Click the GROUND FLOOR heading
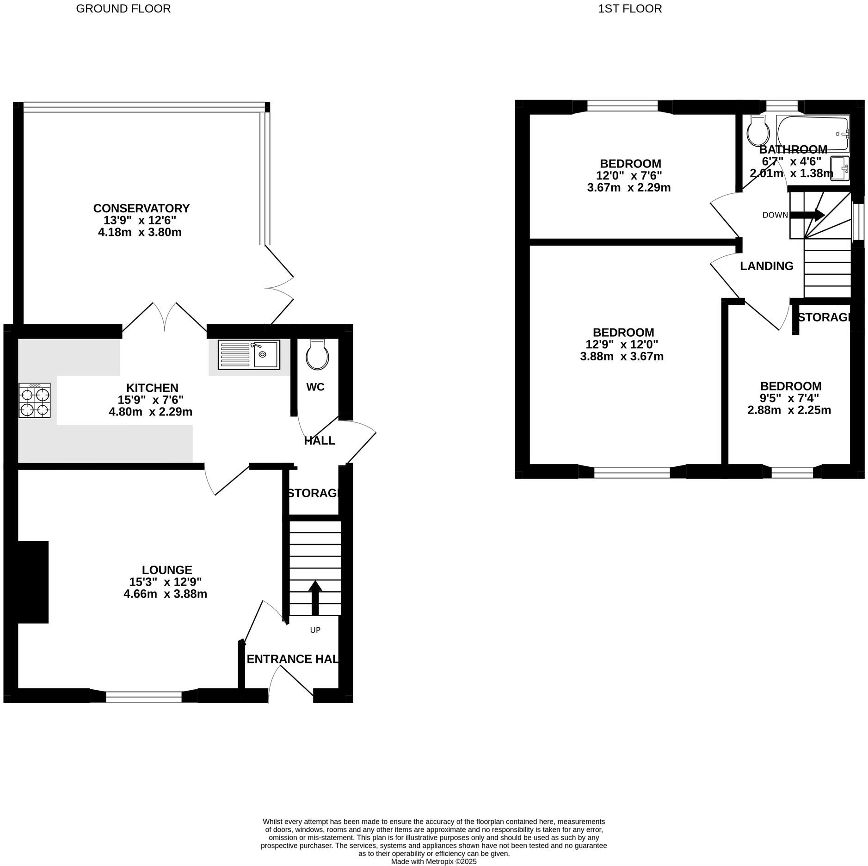pyautogui.click(x=123, y=9)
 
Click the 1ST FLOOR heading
pyautogui.click(x=629, y=9)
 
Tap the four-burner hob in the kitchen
pyautogui.click(x=35, y=401)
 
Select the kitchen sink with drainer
pyautogui.click(x=249, y=355)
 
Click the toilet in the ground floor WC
pyautogui.click(x=317, y=355)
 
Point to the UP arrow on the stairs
pyautogui.click(x=315, y=597)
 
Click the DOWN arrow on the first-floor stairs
pyautogui.click(x=807, y=215)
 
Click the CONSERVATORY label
pyautogui.click(x=141, y=208)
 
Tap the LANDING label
pyautogui.click(x=766, y=266)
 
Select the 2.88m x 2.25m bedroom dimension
pyautogui.click(x=789, y=410)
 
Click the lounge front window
pyautogui.click(x=144, y=697)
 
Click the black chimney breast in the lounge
pyautogui.click(x=32, y=582)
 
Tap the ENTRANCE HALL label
pyautogui.click(x=292, y=659)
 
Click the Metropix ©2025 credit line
pyautogui.click(x=433, y=862)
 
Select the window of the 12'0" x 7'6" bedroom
pyautogui.click(x=622, y=107)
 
